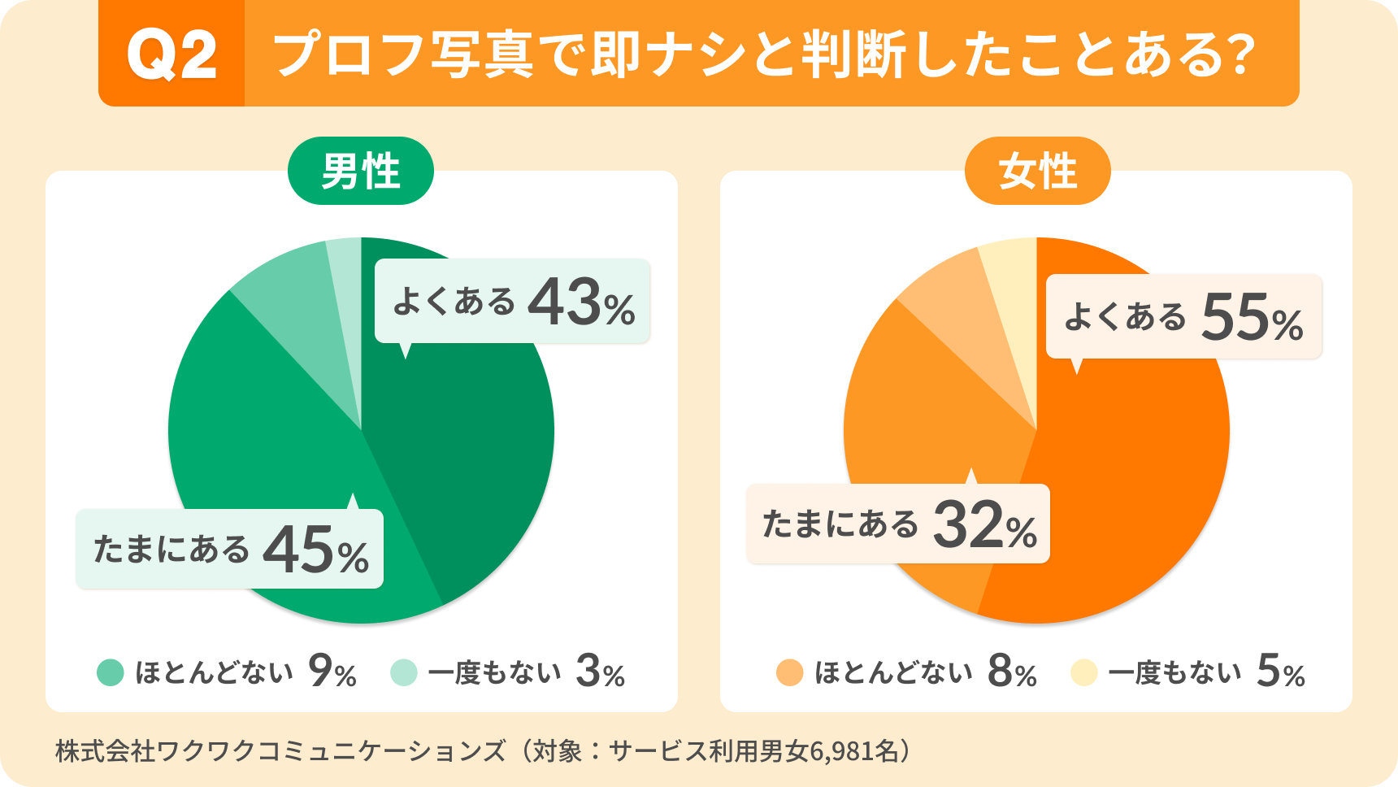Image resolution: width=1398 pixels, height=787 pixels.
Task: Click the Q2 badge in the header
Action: [x=171, y=54]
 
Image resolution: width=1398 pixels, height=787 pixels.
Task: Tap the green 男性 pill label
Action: [x=361, y=172]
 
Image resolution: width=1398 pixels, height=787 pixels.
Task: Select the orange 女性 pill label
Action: [x=1037, y=172]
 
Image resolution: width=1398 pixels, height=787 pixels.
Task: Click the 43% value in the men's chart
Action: [x=580, y=303]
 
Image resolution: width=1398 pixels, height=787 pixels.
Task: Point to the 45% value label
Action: [x=315, y=550]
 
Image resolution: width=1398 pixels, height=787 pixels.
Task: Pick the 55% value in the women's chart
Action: [x=1252, y=318]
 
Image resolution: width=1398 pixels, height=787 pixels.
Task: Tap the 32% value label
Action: [x=984, y=526]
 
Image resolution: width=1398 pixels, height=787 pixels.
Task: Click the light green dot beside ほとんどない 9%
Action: [x=111, y=673]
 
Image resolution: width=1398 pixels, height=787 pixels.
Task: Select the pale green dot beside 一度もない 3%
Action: [x=404, y=673]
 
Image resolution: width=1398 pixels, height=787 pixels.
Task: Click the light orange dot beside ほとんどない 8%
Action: [x=789, y=673]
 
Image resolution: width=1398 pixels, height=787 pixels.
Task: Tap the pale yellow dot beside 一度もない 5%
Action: [x=1084, y=673]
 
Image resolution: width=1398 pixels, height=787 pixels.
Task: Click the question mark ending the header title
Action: [x=1239, y=55]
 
